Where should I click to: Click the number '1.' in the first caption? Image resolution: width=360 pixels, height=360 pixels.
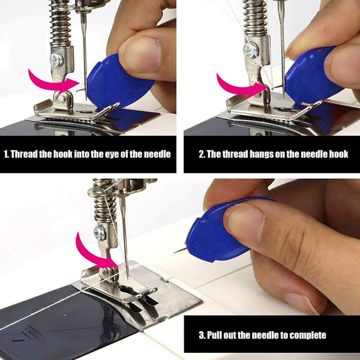click(x=7, y=154)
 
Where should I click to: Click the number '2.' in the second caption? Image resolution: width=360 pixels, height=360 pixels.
click(x=202, y=154)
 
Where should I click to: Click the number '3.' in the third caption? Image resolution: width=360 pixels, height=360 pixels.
click(x=202, y=334)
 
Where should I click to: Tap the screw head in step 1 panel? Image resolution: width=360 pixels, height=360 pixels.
click(x=56, y=59)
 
